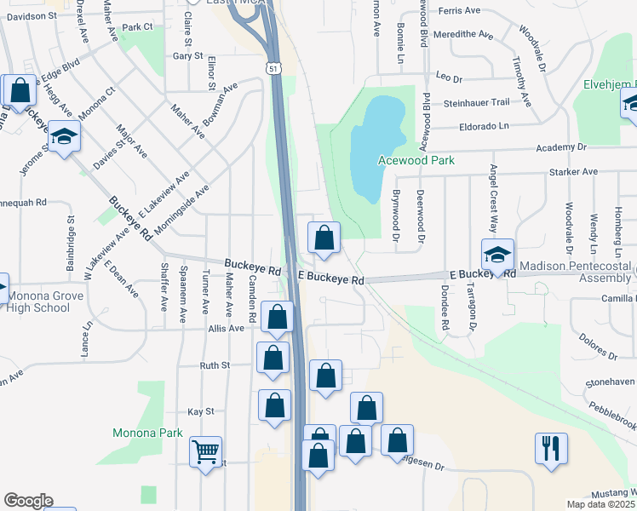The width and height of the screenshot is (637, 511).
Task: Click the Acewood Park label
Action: click(x=416, y=160)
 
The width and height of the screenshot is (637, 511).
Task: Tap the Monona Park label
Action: click(x=147, y=433)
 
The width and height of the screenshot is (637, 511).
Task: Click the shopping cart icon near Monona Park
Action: click(x=205, y=451)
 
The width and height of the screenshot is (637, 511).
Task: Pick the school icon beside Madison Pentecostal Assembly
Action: click(x=498, y=253)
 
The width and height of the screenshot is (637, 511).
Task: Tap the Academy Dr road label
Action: click(x=562, y=148)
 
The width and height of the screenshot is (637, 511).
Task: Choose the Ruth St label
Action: click(x=215, y=365)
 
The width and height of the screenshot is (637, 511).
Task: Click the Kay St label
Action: click(x=201, y=411)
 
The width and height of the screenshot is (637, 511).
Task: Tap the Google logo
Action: click(x=28, y=501)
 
